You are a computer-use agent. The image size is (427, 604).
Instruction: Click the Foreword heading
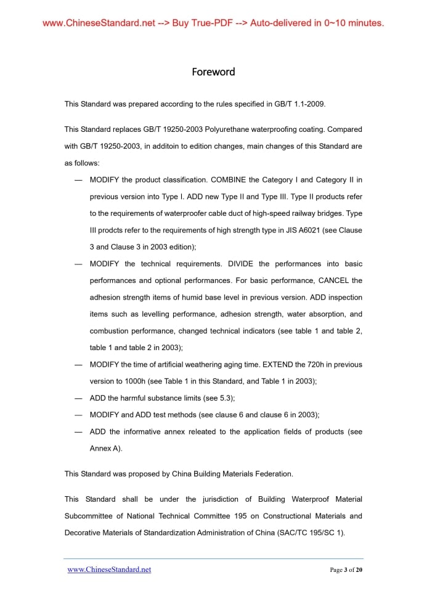[x=213, y=72]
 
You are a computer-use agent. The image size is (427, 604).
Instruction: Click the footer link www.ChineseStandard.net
[x=109, y=569]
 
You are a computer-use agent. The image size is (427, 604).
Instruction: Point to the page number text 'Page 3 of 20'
[x=346, y=570]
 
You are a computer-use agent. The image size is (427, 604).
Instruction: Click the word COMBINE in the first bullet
[x=229, y=180]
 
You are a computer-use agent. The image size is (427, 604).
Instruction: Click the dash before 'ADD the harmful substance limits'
[x=78, y=398]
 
